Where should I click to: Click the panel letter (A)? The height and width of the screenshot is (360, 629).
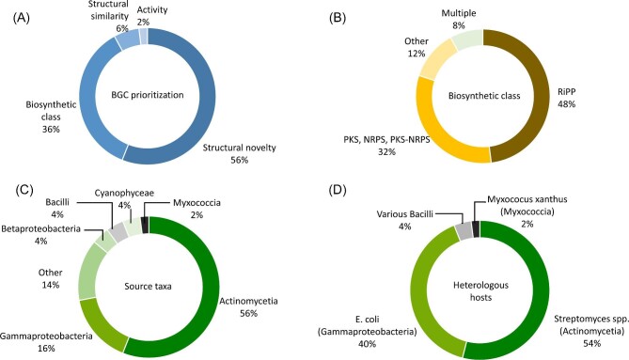coord(22,19)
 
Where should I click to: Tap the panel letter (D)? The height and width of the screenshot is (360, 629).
coord(338,190)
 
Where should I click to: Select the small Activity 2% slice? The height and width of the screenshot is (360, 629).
coord(144,36)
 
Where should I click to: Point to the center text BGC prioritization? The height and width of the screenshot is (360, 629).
coord(148,95)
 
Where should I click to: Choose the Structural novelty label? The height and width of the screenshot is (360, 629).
coord(239,148)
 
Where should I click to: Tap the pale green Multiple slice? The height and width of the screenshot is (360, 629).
coord(466,39)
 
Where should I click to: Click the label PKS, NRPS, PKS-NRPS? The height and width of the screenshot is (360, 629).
coord(386,139)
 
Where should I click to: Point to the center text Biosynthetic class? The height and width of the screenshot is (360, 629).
coord(484,96)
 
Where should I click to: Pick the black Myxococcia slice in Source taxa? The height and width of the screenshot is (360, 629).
coord(145,225)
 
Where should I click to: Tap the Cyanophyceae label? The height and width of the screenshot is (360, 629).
coord(124,193)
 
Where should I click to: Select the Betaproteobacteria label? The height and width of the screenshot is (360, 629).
coord(41,229)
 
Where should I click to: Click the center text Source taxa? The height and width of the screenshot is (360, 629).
coord(148,287)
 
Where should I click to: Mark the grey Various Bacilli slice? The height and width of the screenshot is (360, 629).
coord(463,231)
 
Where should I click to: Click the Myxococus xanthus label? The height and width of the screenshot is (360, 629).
coord(527,199)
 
